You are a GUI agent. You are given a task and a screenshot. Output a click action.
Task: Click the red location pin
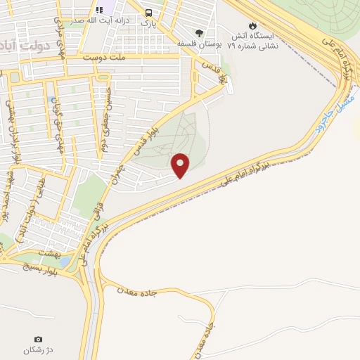(x=181, y=165)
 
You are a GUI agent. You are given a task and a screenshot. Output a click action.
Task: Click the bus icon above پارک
(x=148, y=13)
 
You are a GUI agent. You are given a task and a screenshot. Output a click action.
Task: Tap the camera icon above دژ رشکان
(x=38, y=340)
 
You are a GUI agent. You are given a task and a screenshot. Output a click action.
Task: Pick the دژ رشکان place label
(x=38, y=350)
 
